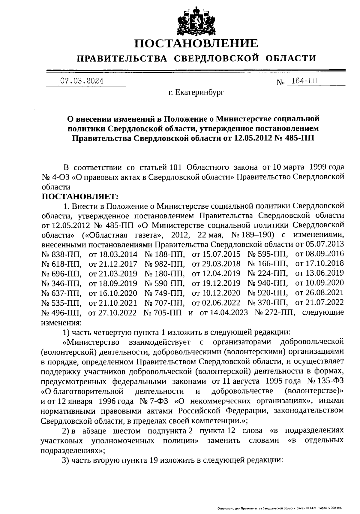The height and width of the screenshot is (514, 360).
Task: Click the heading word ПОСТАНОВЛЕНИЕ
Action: tap(196, 44)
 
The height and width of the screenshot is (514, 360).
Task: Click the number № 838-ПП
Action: tap(61, 254)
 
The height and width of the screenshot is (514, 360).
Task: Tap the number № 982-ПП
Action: tap(164, 264)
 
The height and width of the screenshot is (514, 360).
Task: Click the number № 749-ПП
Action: tap(164, 293)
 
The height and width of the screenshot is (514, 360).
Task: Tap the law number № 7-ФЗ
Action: tap(154, 401)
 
